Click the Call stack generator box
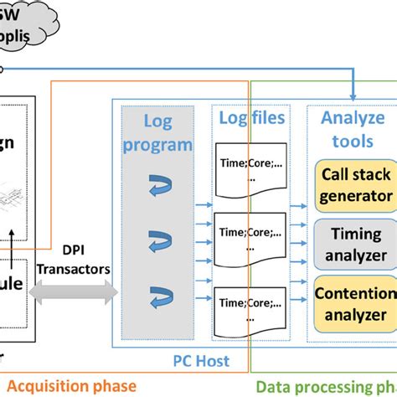356,186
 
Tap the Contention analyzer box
356,303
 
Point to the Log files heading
251,118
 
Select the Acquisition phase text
74,385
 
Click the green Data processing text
327,386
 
